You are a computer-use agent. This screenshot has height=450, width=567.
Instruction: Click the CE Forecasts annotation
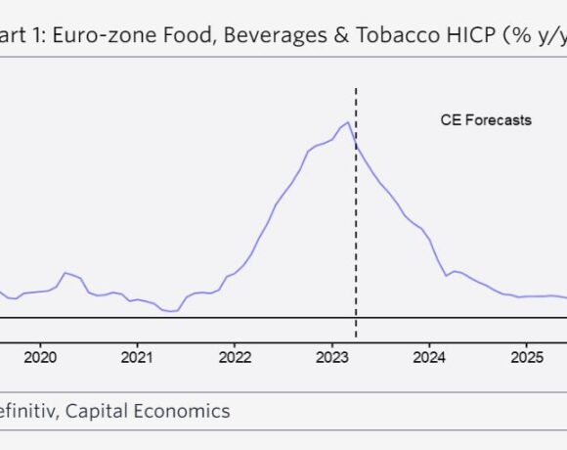click(x=485, y=120)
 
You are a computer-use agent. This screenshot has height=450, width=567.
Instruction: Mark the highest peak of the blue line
click(x=347, y=122)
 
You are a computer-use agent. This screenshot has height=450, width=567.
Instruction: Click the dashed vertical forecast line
click(x=356, y=245)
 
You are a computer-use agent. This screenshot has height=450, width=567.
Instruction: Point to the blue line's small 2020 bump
click(x=65, y=273)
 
